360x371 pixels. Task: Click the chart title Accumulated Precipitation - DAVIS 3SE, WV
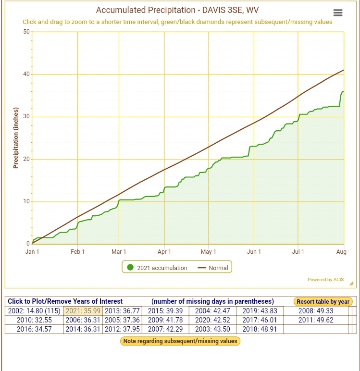177,10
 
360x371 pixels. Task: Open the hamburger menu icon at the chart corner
338,12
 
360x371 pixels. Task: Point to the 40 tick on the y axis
26,74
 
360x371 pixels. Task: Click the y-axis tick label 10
26,201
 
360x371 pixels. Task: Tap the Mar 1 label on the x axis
119,251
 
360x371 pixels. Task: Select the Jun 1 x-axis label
254,251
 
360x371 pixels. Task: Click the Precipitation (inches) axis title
16,138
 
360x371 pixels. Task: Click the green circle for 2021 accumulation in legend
130,267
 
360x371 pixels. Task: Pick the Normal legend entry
213,268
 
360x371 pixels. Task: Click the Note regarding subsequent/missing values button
180,341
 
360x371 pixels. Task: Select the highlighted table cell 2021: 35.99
83,310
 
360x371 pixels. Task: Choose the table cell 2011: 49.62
316,320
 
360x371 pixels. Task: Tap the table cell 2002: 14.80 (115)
34,310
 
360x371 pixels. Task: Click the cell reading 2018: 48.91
260,329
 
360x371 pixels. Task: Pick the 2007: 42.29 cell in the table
165,329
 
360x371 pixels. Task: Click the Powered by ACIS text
325,279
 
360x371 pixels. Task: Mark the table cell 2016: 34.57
34,329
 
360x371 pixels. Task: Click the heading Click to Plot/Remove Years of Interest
65,301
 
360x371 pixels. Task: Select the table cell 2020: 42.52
212,320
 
